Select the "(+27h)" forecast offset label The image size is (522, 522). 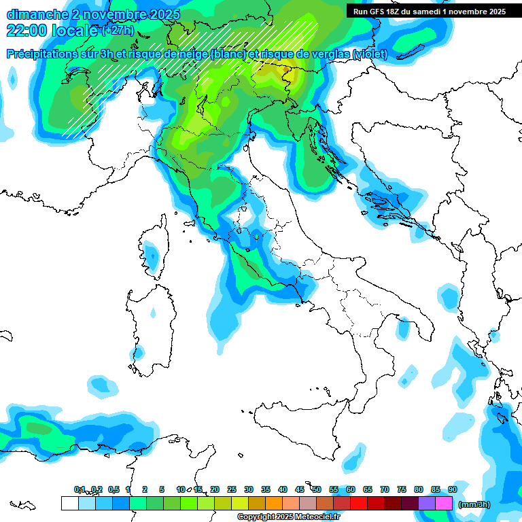118,31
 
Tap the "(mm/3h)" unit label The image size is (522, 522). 474,504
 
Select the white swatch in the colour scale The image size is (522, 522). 69,503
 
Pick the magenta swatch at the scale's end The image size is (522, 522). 444,503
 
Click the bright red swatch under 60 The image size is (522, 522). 359,503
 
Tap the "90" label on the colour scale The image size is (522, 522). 453,489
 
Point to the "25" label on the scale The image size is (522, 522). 232,489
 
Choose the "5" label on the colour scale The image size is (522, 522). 162,489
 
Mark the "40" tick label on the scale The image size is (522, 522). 283,489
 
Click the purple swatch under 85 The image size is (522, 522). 427,503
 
